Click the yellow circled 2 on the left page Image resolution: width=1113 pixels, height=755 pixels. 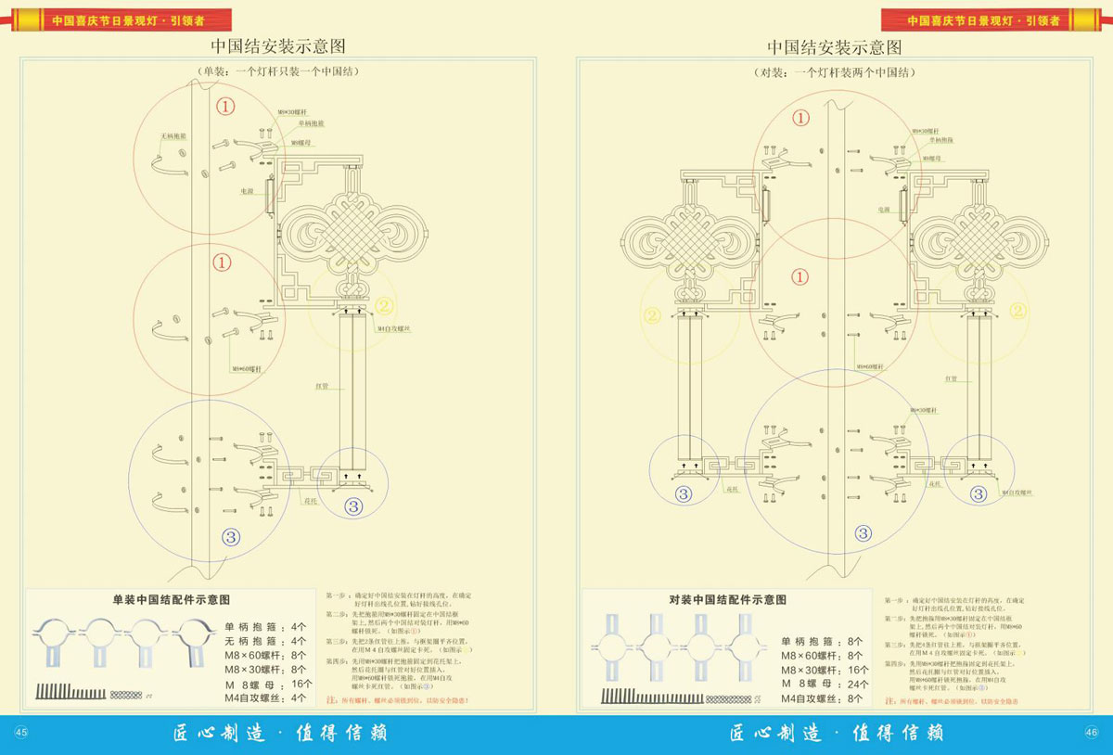pos(385,304)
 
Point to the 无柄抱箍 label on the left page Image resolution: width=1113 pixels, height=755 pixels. pos(173,135)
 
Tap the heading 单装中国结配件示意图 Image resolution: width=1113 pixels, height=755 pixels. pos(171,600)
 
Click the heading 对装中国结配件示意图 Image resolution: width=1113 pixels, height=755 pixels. pos(727,600)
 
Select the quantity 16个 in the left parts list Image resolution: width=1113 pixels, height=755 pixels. pos(301,683)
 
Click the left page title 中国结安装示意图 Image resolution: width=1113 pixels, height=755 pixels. pos(277,47)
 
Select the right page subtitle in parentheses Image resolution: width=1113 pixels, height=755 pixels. pos(834,71)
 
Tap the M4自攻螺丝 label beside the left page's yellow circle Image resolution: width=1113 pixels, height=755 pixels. pos(394,328)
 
